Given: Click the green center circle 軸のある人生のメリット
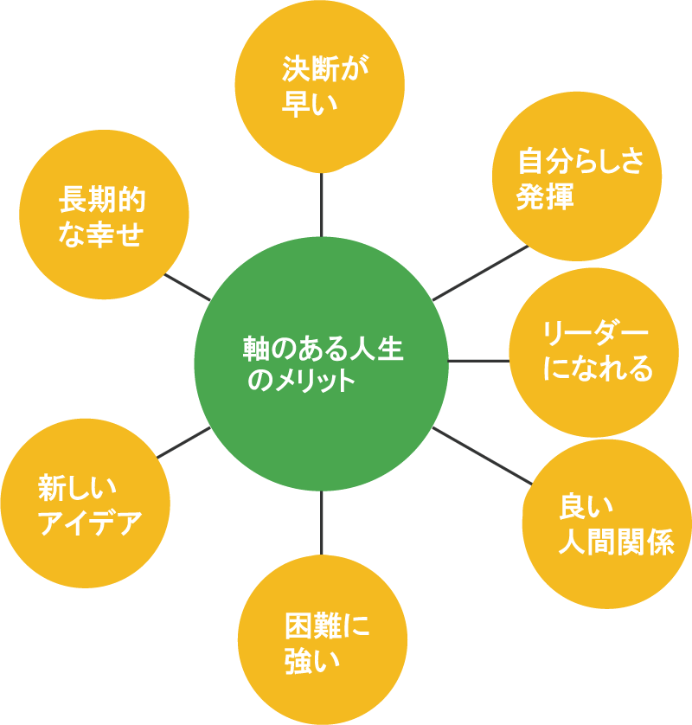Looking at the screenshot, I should (x=321, y=363).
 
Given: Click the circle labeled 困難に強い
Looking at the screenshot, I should (x=323, y=640).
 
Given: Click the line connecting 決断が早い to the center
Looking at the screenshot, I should (x=321, y=202).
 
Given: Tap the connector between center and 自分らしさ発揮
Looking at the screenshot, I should (x=480, y=273).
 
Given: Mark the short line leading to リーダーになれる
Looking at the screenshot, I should (x=478, y=360).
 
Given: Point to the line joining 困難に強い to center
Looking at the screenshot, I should (x=321, y=523).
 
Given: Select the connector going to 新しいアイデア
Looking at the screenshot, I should (x=183, y=442).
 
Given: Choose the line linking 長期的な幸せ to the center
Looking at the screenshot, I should (x=187, y=287).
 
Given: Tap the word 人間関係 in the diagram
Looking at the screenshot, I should (x=615, y=543).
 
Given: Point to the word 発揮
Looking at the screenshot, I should (x=545, y=197).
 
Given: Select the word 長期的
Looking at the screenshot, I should (x=102, y=200).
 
